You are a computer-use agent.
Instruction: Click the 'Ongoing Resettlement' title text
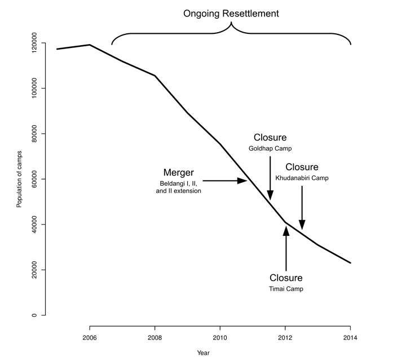(231, 12)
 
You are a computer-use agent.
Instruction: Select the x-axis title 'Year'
(203, 353)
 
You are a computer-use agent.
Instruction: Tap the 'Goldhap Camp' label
(270, 149)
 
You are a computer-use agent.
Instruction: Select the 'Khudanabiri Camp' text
(302, 178)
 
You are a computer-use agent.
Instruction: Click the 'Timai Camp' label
(286, 288)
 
